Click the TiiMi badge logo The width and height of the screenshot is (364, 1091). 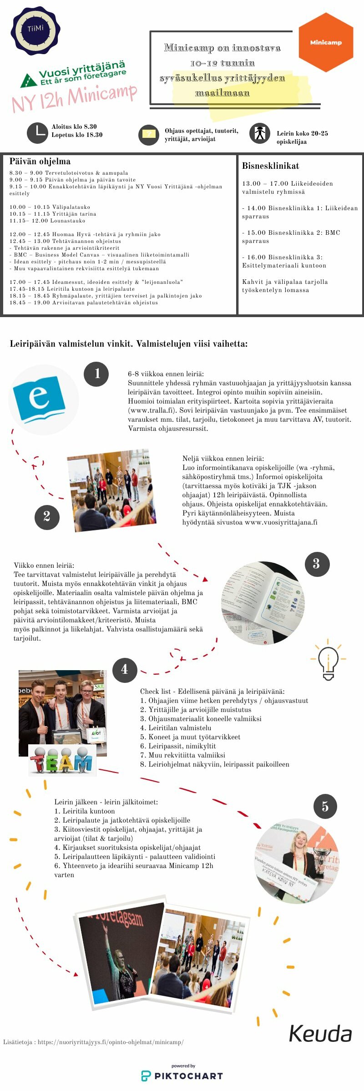pos(35,30)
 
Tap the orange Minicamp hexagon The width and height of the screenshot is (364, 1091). pos(326,42)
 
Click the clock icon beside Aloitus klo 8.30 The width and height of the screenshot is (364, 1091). pos(37,133)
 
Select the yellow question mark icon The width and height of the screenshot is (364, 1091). pos(148,134)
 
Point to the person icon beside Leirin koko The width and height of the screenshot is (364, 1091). pos(260,133)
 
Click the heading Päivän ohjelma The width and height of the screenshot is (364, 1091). pos(40,162)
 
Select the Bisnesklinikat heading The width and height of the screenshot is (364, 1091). pos(270,166)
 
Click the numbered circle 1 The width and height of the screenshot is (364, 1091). pos(96,374)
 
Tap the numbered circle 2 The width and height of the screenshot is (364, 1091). pos(47,517)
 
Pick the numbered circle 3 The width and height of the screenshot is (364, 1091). pos(317,564)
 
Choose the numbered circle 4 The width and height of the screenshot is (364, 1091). pos(125,670)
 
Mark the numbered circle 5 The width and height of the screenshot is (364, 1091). pos(325,807)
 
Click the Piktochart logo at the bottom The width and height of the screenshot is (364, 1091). pos(182,1076)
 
